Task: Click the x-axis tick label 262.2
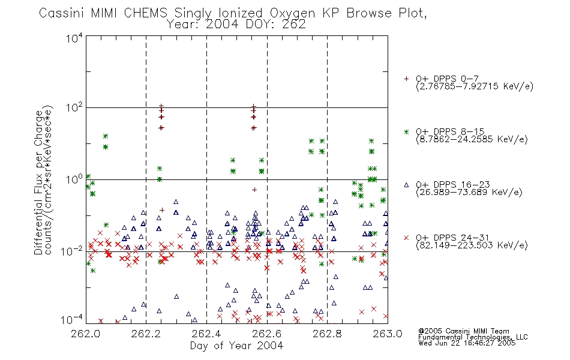(x=146, y=334)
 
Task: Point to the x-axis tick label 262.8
(x=327, y=334)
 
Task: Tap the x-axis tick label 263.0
(x=388, y=334)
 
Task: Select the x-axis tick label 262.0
(x=85, y=334)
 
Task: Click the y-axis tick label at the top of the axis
(x=74, y=38)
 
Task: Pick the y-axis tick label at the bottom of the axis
(x=72, y=319)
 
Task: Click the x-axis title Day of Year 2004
(x=236, y=346)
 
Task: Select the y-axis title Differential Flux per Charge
(x=38, y=182)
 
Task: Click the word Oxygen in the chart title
(x=293, y=13)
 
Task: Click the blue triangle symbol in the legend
(x=406, y=185)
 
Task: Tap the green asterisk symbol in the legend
(x=406, y=132)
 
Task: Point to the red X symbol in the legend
(x=406, y=238)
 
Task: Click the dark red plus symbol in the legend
(x=406, y=79)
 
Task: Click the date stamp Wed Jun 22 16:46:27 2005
(x=467, y=343)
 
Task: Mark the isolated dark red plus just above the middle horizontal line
(x=254, y=190)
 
